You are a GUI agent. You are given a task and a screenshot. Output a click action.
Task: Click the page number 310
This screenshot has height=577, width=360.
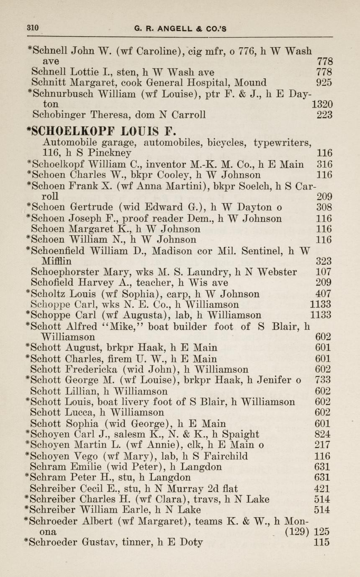pos(33,28)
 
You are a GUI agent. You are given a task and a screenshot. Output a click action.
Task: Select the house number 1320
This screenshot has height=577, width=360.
pos(322,104)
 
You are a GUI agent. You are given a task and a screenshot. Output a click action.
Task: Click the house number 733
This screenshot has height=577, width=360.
pos(323,380)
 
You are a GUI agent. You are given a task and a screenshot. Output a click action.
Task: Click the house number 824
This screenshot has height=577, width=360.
pos(323,434)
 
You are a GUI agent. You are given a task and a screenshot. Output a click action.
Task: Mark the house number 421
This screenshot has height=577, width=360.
pos(323,489)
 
